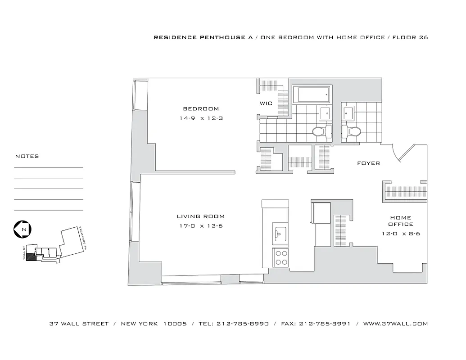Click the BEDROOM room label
201,108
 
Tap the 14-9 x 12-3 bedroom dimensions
201,118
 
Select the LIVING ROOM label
200,216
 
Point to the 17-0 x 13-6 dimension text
200,226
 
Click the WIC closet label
266,103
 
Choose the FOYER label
368,163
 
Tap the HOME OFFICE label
401,221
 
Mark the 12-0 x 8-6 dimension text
401,234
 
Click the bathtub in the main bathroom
311,95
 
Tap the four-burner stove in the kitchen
281,257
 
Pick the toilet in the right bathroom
353,131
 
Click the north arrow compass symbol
22,229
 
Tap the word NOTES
27,157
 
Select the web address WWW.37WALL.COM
395,324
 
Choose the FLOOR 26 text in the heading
410,37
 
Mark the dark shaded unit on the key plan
31,257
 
